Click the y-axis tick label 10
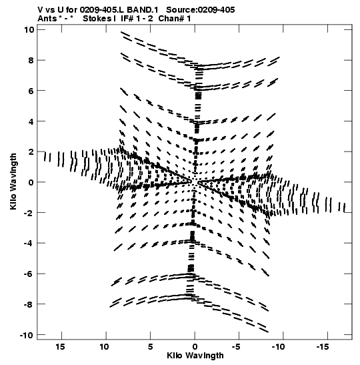(x=29, y=30)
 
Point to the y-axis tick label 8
(x=31, y=60)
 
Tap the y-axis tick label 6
(x=31, y=91)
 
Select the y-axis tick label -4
(x=29, y=243)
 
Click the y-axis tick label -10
(x=27, y=335)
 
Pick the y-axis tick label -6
(x=29, y=274)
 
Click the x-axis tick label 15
(x=60, y=347)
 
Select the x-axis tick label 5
(x=151, y=347)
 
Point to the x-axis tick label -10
(x=278, y=347)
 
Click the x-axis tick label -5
(x=236, y=347)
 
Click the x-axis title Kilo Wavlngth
(x=195, y=356)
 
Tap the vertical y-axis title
(x=13, y=181)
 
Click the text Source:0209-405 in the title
(x=201, y=10)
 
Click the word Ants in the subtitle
(x=47, y=19)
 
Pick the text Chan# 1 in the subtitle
(x=175, y=19)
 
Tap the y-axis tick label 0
(x=31, y=182)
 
